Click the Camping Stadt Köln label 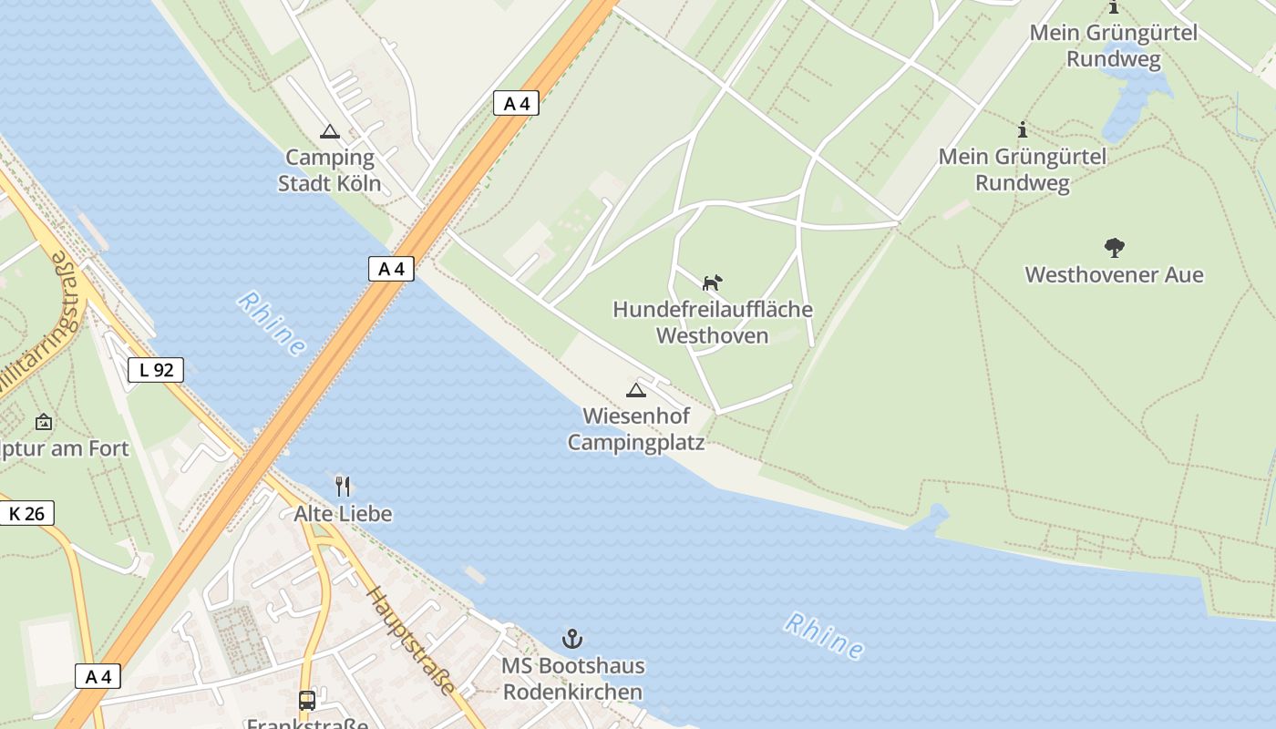(329, 170)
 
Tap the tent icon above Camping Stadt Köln (329, 132)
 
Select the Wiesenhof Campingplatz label (636, 429)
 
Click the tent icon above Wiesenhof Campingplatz (636, 391)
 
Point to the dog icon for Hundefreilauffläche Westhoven (712, 282)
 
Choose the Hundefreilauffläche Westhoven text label (712, 323)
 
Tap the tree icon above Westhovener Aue (1114, 247)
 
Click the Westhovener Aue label (1114, 274)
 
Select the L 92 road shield (156, 370)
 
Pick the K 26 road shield (26, 514)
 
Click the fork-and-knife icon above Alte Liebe (343, 486)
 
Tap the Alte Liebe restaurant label (343, 514)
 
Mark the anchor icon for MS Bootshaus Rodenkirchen (572, 639)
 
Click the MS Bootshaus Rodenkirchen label (572, 679)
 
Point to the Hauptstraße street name (411, 641)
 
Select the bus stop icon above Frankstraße (307, 701)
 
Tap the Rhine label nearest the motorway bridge (272, 324)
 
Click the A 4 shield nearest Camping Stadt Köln (516, 104)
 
